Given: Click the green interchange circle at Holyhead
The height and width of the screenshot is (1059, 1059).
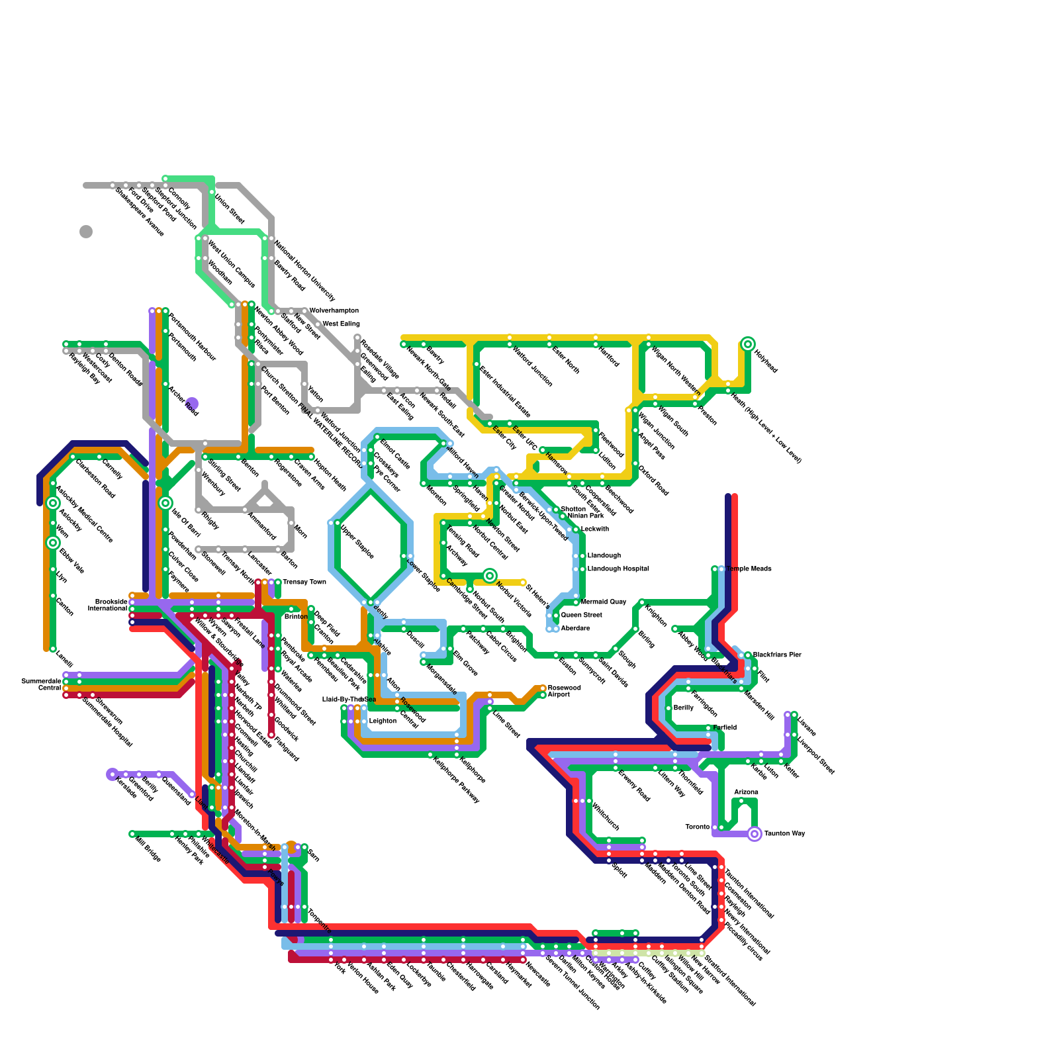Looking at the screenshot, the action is click(x=748, y=344).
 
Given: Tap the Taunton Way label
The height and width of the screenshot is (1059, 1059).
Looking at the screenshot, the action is click(x=784, y=834).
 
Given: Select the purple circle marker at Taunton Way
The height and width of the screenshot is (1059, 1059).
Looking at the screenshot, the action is click(x=755, y=834).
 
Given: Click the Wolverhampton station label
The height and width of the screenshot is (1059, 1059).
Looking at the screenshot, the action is click(x=334, y=310).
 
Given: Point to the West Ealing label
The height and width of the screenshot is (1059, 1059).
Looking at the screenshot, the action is click(x=341, y=324).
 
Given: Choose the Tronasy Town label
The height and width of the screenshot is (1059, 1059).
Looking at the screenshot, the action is click(x=304, y=582).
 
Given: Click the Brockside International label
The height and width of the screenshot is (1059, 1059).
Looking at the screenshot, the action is click(x=108, y=605).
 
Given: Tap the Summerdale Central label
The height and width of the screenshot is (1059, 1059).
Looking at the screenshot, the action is click(x=41, y=684).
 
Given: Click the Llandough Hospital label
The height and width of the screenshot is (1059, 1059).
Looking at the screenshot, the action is click(x=618, y=569).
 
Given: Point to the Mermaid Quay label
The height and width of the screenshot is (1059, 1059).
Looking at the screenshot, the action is click(x=604, y=602).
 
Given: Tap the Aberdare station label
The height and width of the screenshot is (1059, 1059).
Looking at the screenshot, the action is click(x=575, y=628).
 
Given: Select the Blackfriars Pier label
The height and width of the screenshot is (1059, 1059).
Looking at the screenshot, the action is click(x=777, y=655).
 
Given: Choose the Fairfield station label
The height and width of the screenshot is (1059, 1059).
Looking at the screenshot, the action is click(x=725, y=728).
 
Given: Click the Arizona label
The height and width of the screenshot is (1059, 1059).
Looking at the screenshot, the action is click(x=746, y=792).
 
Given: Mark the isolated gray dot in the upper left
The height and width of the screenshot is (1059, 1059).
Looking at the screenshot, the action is click(x=86, y=232).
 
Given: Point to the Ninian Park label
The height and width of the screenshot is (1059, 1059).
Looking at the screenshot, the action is click(x=586, y=516).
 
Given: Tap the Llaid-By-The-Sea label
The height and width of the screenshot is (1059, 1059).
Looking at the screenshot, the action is click(x=349, y=700).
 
